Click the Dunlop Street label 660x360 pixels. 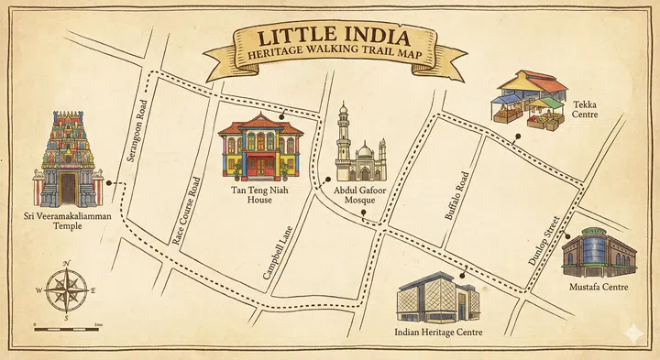(x=544, y=241)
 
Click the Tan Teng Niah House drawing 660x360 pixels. (x=260, y=148)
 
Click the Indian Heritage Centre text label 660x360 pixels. (x=438, y=333)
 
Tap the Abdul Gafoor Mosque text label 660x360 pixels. (x=360, y=195)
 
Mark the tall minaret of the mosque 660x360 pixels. (x=343, y=137)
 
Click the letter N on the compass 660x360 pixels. (x=67, y=264)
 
